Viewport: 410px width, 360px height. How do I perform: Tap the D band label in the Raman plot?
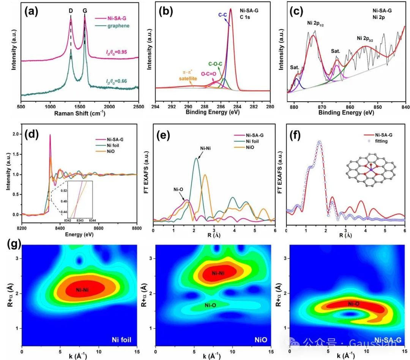71,11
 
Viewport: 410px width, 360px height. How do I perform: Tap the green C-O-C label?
214,64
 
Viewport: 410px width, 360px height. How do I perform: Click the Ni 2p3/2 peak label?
368,38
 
